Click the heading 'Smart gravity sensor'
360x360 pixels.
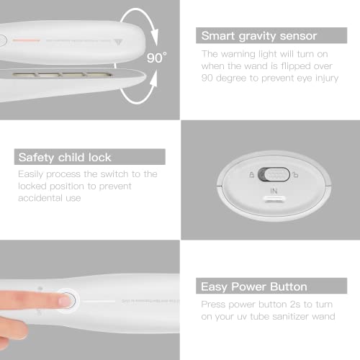(258, 35)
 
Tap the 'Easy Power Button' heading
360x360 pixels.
(254, 287)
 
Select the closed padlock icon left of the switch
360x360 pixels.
(251, 174)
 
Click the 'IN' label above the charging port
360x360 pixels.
(274, 192)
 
